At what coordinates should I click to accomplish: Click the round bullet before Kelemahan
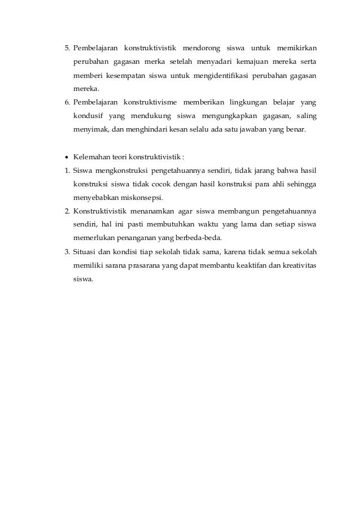pos(67,157)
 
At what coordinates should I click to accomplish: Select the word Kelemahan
pos(90,157)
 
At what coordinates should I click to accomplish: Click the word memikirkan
pos(296,47)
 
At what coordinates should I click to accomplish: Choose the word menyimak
pos(87,130)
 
